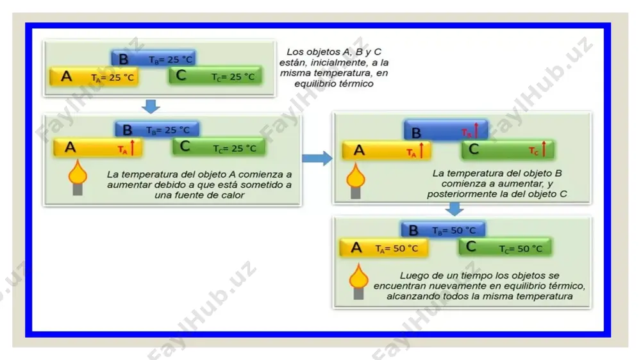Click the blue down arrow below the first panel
151,106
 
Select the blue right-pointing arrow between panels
317,158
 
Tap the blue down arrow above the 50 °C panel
454,209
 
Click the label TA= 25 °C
112,78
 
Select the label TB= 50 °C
454,231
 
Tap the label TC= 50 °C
520,249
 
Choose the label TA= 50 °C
397,249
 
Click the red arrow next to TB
476,130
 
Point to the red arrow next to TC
544,149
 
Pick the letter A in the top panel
66,76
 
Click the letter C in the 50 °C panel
471,247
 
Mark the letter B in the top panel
123,59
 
